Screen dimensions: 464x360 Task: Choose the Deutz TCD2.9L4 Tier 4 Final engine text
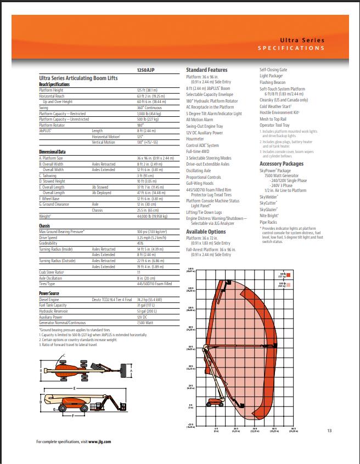pyautogui.click(x=113, y=300)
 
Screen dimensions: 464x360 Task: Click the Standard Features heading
pyautogui.click(x=206, y=70)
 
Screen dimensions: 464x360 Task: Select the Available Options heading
pyautogui.click(x=206, y=231)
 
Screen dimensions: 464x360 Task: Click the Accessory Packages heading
pyautogui.click(x=281, y=163)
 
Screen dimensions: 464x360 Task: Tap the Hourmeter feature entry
pyautogui.click(x=196, y=139)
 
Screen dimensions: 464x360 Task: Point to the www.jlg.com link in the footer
pyautogui.click(x=99, y=442)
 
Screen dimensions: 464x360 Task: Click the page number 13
pyautogui.click(x=329, y=430)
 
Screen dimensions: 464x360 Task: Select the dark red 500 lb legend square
pyautogui.click(x=289, y=272)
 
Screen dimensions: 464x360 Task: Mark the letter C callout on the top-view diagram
pyautogui.click(x=65, y=356)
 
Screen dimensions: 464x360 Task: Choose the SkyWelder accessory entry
pyautogui.click(x=269, y=196)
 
